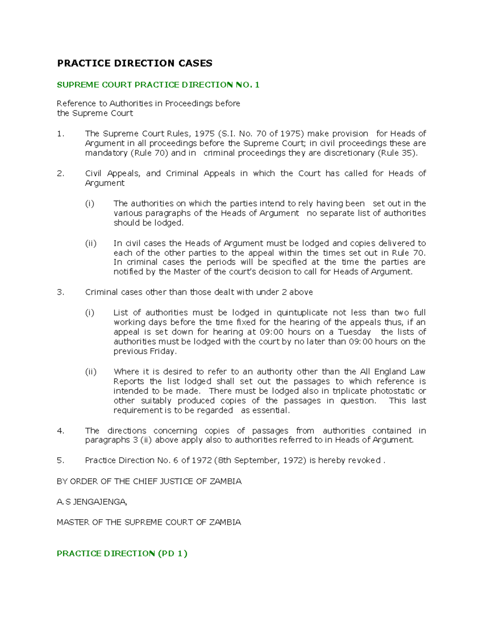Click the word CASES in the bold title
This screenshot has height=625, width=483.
point(194,63)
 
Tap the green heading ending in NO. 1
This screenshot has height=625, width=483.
point(158,85)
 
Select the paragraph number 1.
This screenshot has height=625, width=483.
point(60,134)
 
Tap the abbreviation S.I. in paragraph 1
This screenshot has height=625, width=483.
point(227,134)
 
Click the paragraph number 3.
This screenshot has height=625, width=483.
point(60,292)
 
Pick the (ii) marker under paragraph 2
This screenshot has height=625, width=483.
point(91,243)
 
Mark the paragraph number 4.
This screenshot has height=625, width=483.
point(60,431)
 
